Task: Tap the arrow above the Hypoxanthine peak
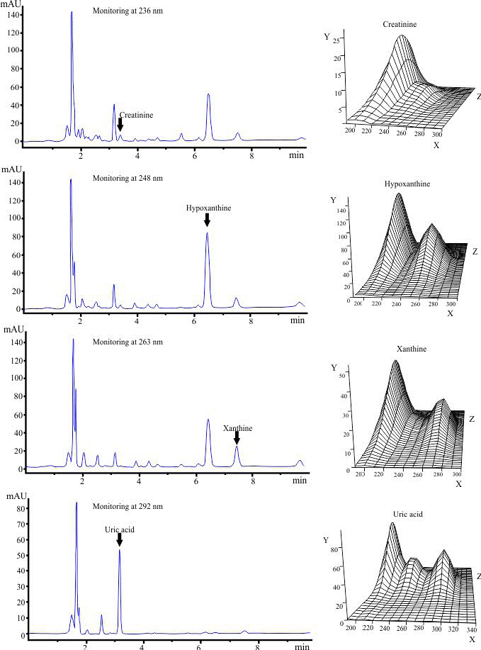click(207, 220)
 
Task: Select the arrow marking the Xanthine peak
click(237, 438)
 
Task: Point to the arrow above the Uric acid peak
click(120, 539)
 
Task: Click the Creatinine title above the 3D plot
click(400, 24)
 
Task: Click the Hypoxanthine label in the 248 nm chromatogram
click(208, 208)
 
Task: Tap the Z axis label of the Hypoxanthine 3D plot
click(475, 252)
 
